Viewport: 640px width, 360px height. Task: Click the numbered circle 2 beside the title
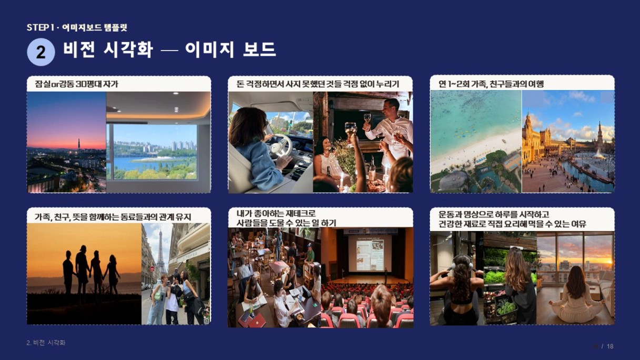coord(41,52)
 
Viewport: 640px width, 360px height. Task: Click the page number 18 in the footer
coord(610,346)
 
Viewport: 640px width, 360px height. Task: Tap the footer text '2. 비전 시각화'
coord(46,343)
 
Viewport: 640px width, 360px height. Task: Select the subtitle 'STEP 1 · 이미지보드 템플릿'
coord(77,27)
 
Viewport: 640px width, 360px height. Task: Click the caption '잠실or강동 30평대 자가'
coord(76,84)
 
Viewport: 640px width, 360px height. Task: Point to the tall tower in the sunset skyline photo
coord(79,144)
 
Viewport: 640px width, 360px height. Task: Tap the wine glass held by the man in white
coord(367,118)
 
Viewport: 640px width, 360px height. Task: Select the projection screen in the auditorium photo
coord(369,255)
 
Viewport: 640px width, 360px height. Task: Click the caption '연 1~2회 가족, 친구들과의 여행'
coord(491,84)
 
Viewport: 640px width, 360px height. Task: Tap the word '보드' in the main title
coord(259,49)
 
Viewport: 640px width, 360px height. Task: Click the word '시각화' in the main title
coord(128,49)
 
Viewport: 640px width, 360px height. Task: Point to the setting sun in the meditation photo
coord(609,262)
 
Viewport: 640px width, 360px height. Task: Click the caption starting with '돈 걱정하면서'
coord(318,84)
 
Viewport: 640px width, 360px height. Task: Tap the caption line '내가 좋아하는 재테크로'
coord(276,214)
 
